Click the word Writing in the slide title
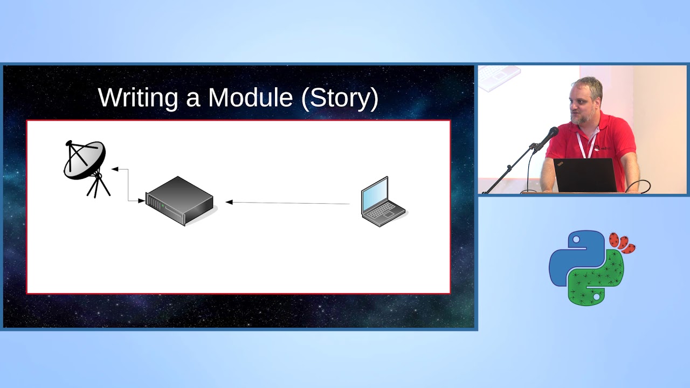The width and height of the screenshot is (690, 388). click(138, 98)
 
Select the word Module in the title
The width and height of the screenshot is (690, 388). click(250, 98)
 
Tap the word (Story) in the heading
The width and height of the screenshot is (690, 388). click(340, 98)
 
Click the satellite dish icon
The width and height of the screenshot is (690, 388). click(84, 161)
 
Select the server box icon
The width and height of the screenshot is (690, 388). click(180, 201)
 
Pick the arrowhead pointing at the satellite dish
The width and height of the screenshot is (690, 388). click(115, 169)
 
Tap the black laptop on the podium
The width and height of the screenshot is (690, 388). click(584, 176)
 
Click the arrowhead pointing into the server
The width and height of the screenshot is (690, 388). click(141, 201)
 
